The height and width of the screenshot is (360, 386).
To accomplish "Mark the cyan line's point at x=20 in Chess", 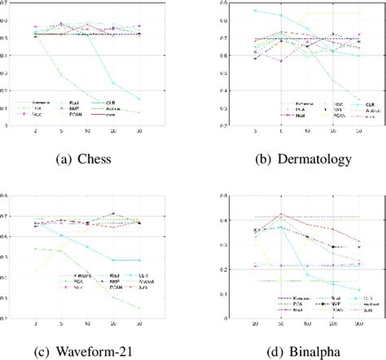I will [x=113, y=82].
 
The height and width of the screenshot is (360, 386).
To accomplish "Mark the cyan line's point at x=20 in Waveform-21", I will [x=113, y=260].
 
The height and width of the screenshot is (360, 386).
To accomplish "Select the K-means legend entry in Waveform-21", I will [x=73, y=279].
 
